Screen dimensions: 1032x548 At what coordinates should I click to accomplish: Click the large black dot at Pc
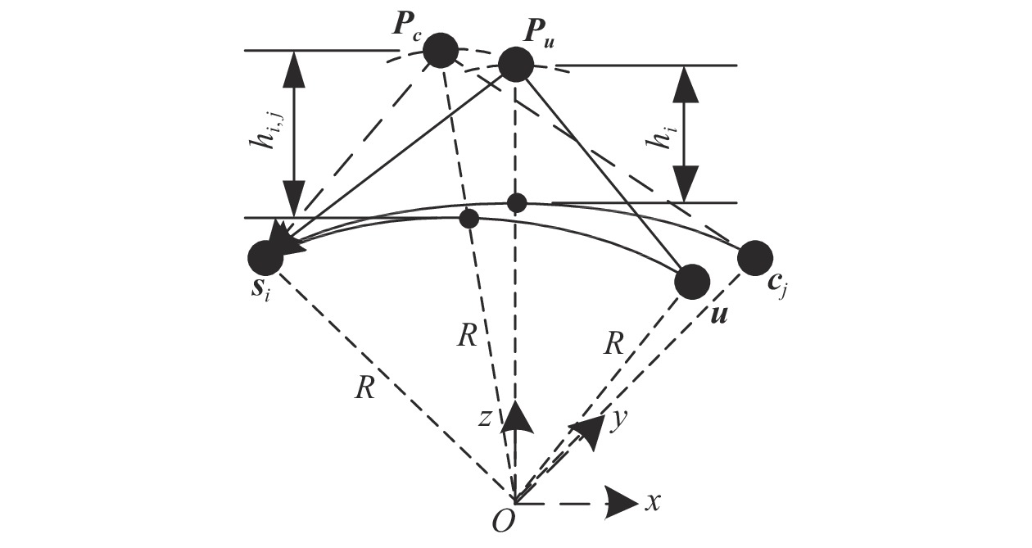(441, 51)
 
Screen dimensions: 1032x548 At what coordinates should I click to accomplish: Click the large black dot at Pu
(516, 65)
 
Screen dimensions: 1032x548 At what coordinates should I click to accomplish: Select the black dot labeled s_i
(265, 258)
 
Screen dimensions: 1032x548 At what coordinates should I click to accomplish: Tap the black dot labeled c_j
(755, 258)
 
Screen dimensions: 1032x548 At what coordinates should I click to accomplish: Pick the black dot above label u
(691, 282)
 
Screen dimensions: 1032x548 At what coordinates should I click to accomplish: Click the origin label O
(503, 522)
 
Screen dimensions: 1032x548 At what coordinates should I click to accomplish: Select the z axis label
(484, 419)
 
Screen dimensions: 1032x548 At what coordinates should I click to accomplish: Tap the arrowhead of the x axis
(622, 504)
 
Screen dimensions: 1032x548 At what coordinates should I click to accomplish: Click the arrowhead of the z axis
(515, 418)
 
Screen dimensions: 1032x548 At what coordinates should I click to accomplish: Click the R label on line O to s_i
(365, 387)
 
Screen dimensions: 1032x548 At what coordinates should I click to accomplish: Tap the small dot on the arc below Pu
(517, 203)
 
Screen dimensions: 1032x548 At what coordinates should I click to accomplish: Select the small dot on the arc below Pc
(469, 219)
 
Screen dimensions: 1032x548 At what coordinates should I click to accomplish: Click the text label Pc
(407, 28)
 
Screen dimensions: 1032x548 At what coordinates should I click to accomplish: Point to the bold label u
(719, 315)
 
